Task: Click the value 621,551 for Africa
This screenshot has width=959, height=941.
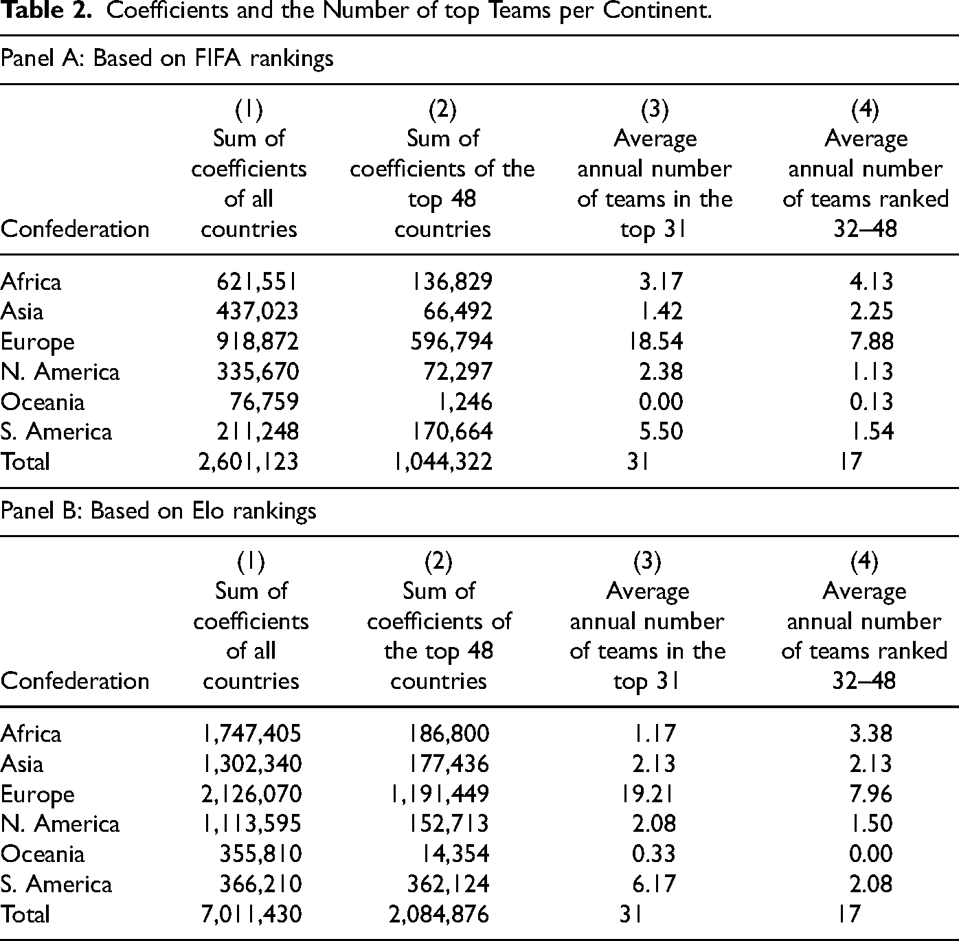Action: [258, 282]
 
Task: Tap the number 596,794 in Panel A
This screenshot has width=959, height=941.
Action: [451, 342]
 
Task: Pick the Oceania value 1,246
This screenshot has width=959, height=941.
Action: [464, 402]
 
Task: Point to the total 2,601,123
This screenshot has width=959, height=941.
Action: [248, 462]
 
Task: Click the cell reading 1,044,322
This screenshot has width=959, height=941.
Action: [443, 462]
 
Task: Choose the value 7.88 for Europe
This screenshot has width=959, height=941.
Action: [871, 342]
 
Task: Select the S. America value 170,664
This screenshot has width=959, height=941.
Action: [451, 431]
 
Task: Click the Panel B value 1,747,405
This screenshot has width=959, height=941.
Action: [251, 734]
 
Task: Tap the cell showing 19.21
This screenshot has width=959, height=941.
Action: [647, 794]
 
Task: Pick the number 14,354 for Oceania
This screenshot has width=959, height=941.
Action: [455, 853]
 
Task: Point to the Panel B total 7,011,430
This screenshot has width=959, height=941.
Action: [251, 914]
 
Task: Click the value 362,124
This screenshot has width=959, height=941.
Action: [449, 884]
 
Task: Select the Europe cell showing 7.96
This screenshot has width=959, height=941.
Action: [871, 794]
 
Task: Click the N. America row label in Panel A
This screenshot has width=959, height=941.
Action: [60, 372]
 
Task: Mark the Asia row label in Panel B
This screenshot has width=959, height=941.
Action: [22, 764]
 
